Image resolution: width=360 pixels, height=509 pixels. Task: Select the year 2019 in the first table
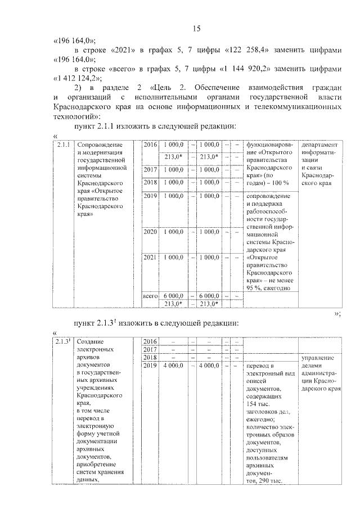tap(150, 196)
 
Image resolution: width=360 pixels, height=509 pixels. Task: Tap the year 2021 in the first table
tap(150, 257)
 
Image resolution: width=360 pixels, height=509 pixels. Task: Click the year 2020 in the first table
tap(150, 231)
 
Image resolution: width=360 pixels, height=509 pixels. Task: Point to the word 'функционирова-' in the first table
tap(269, 145)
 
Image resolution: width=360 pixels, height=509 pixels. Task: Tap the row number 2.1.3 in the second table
tap(63, 341)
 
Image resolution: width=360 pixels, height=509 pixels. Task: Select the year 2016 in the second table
tap(150, 341)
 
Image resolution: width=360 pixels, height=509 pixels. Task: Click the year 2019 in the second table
tap(150, 366)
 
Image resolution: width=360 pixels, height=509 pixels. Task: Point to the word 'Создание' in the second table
tap(90, 341)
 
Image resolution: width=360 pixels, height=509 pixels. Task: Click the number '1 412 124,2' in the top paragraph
tap(76, 78)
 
